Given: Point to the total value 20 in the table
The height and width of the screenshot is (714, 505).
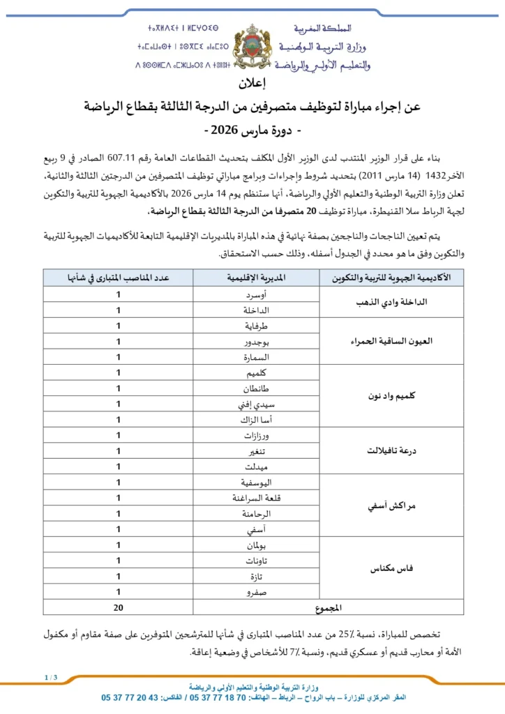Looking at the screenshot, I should [119, 607].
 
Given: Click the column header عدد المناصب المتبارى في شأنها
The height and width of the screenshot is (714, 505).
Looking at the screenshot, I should [119, 277].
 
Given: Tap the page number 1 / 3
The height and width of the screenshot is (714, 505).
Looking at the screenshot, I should [50, 677].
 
